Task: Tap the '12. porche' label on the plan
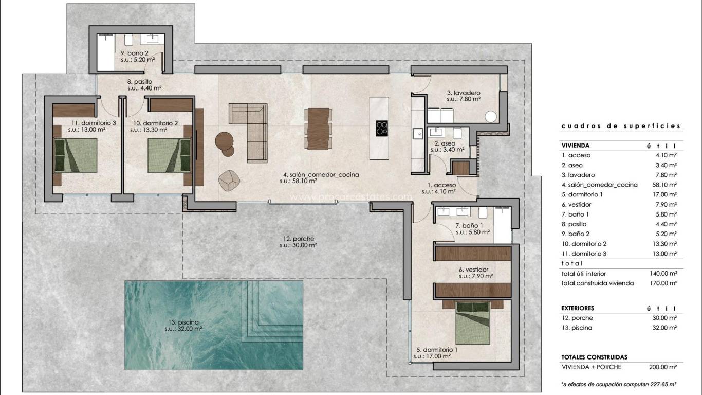[x=298, y=239]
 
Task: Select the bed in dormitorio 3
[x=76, y=155]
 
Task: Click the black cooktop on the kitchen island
[x=382, y=128]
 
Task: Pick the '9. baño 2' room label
[x=135, y=53]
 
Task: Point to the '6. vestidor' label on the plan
[x=473, y=270]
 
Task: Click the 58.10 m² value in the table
[x=662, y=185]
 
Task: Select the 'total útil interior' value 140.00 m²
[x=662, y=273]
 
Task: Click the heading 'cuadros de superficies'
[x=621, y=125]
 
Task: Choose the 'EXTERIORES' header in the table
[x=578, y=308]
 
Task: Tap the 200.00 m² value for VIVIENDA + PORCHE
[x=662, y=367]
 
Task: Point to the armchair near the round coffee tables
[x=229, y=179]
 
